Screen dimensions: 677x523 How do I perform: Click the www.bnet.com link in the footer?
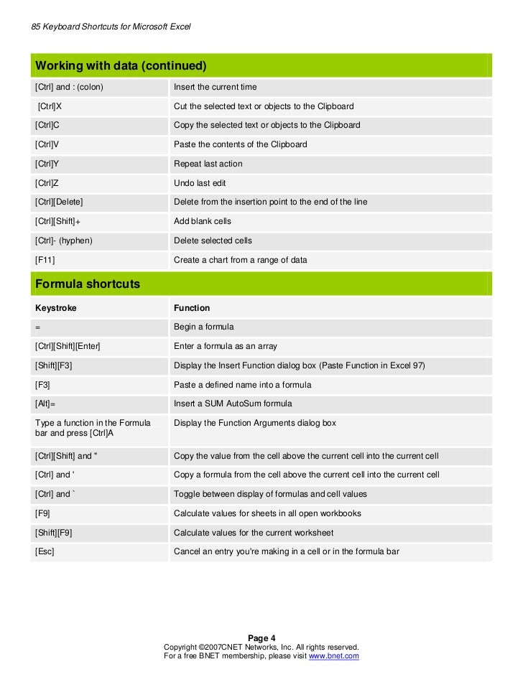pyautogui.click(x=333, y=656)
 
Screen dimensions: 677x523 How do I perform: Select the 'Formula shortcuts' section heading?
pyautogui.click(x=88, y=284)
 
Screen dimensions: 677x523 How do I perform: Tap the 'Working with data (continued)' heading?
pyautogui.click(x=121, y=66)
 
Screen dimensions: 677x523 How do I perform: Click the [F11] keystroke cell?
pyautogui.click(x=45, y=260)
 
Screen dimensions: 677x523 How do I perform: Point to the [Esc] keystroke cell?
pyautogui.click(x=45, y=551)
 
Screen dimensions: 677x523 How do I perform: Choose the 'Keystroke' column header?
pyautogui.click(x=56, y=308)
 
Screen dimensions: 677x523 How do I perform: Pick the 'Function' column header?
pyautogui.click(x=192, y=308)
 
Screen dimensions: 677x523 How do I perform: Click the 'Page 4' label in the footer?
pyautogui.click(x=261, y=638)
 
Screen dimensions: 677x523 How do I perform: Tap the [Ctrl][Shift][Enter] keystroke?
pyautogui.click(x=68, y=346)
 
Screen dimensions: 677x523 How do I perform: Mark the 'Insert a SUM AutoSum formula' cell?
pyautogui.click(x=233, y=403)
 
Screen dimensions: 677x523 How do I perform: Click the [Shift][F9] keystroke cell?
pyautogui.click(x=53, y=533)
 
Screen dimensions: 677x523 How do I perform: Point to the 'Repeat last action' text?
pyautogui.click(x=208, y=164)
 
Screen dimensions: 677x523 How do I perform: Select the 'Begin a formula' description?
pyautogui.click(x=204, y=327)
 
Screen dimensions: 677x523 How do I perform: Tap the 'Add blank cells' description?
pyautogui.click(x=203, y=221)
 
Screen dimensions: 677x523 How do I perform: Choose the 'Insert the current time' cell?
pyautogui.click(x=216, y=87)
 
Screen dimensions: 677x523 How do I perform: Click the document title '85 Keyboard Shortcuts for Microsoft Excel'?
pyautogui.click(x=111, y=27)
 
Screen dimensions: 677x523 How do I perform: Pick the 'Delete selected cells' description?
pyautogui.click(x=213, y=241)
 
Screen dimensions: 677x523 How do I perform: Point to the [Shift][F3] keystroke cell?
pyautogui.click(x=54, y=365)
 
